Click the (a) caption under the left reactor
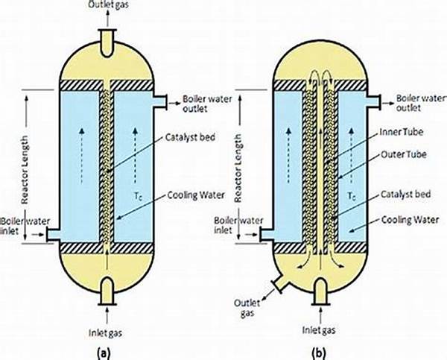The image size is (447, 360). [x=104, y=353]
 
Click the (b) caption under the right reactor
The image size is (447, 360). [x=318, y=353]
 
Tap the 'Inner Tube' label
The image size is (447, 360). [x=402, y=132]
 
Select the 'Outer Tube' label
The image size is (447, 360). [x=403, y=154]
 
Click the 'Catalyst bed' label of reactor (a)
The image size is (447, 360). [x=190, y=137]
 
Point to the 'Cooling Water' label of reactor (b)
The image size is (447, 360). [x=410, y=220]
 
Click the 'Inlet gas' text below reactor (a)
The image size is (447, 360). [x=106, y=333]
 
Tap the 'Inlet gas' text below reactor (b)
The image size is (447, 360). [x=319, y=330]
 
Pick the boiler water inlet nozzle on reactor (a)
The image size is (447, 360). [x=53, y=235]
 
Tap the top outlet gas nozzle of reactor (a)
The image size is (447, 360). [x=107, y=42]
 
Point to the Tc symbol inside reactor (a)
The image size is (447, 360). [x=137, y=196]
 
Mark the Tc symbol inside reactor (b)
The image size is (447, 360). [x=352, y=196]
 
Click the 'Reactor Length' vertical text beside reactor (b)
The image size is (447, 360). [x=238, y=168]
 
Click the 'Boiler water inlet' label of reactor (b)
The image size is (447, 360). [x=238, y=225]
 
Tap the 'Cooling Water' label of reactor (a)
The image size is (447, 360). [x=196, y=195]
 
